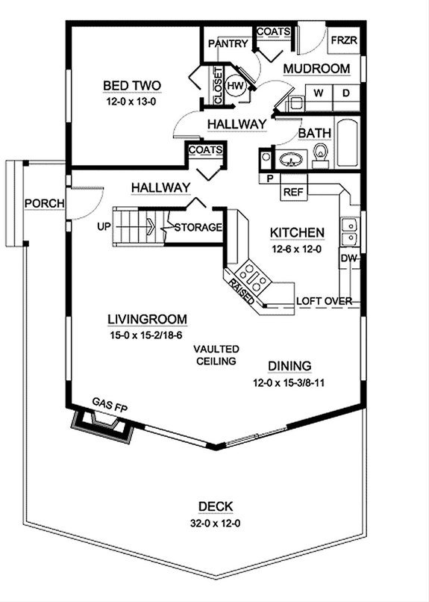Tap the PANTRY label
(228, 44)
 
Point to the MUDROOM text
(316, 69)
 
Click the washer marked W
(319, 93)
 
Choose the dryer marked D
(345, 93)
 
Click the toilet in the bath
(321, 155)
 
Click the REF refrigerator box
(292, 192)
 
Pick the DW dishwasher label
(348, 258)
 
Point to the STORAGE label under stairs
(198, 227)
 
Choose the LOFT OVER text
(324, 301)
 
